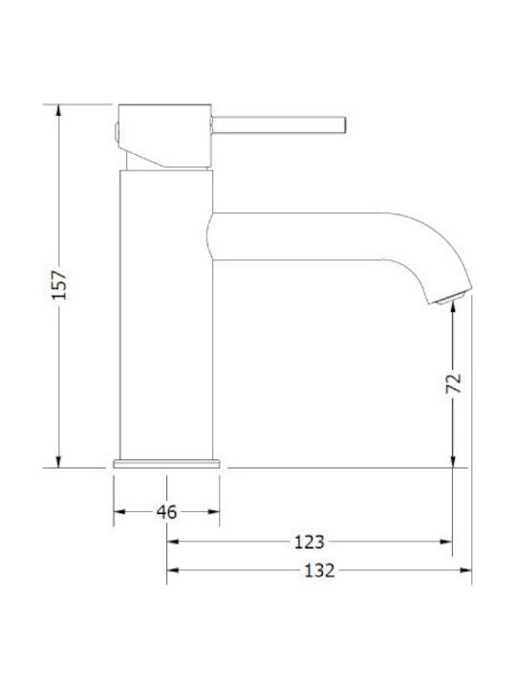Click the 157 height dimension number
click(59, 285)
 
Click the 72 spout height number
click(454, 383)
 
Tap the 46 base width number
click(166, 512)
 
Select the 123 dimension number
click(310, 543)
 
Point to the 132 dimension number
click(319, 570)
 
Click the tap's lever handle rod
click(279, 124)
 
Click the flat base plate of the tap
click(166, 464)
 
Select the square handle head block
click(165, 136)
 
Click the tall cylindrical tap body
click(166, 315)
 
